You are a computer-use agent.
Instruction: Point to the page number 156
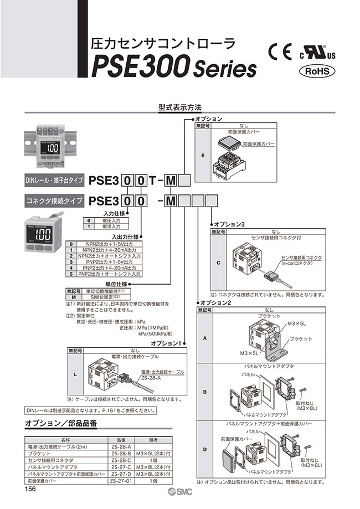(x=31, y=489)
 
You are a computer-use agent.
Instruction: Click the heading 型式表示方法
(x=179, y=105)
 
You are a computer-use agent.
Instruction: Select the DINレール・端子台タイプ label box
(x=54, y=180)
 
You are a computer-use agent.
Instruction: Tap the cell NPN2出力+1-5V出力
(x=109, y=244)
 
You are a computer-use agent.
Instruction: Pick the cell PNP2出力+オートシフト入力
(x=109, y=274)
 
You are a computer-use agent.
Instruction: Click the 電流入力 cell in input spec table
(x=109, y=227)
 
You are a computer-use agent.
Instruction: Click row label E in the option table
(x=203, y=156)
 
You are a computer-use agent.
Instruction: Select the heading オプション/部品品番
(x=61, y=424)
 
